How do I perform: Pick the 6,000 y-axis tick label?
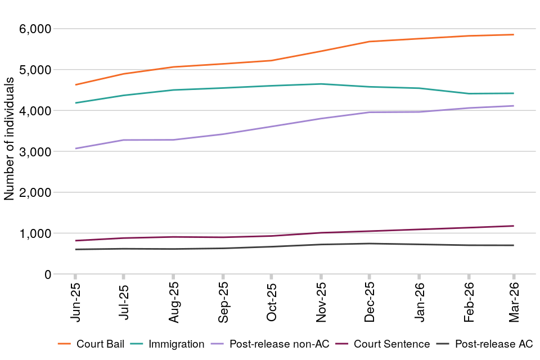[36, 29]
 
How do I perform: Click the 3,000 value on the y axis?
[36, 152]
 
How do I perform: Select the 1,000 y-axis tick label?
[36, 233]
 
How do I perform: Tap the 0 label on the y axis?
[48, 274]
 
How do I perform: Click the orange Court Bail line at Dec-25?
[370, 42]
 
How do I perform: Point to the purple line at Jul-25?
[124, 140]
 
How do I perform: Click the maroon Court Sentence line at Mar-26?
[514, 226]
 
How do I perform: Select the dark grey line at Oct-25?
[272, 246]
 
